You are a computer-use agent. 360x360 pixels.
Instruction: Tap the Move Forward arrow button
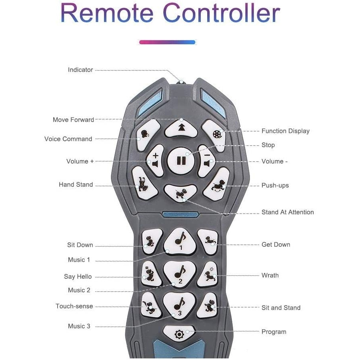pos(181,127)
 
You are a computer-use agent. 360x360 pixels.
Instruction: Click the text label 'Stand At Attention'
pos(288,212)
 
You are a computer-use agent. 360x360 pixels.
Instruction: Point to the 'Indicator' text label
pos(80,70)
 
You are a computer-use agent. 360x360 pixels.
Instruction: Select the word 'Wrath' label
pos(270,275)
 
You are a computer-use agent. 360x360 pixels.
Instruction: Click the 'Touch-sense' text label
pos(74,306)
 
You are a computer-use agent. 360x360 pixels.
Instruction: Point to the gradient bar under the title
pos(167,42)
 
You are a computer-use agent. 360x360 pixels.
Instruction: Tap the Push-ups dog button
pos(217,184)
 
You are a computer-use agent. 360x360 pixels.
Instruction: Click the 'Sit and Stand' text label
pos(281,308)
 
